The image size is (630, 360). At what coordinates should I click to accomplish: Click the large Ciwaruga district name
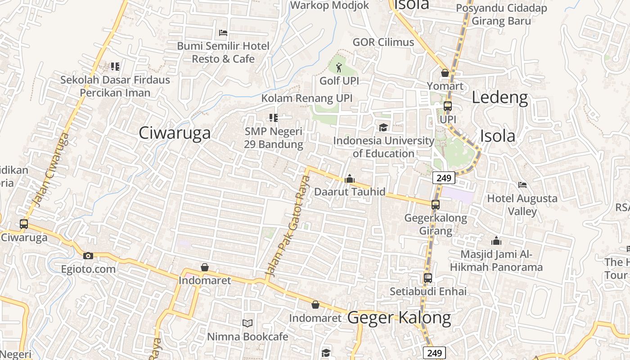coord(175,133)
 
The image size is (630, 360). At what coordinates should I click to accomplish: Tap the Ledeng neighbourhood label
coord(499,97)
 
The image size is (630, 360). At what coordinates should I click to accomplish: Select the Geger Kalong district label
coord(399,318)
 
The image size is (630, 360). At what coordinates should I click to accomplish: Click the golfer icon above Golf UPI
coord(339,68)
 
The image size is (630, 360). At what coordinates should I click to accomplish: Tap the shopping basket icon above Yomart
coord(445,73)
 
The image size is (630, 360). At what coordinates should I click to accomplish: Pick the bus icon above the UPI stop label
coord(447,106)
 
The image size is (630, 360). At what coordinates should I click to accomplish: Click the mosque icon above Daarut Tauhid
coord(350,179)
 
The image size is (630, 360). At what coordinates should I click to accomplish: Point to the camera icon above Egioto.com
coord(88,256)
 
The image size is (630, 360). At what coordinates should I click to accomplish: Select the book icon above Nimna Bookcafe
coord(247,323)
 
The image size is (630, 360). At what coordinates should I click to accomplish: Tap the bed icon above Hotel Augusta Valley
coord(522,184)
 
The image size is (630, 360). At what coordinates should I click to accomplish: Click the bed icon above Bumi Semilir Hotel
coord(223,33)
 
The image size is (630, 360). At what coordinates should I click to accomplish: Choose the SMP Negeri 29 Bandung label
coord(274,138)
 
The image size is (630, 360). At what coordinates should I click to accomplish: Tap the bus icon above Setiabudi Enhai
coord(428,278)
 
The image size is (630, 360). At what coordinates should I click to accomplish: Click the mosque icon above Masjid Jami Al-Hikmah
coord(496,241)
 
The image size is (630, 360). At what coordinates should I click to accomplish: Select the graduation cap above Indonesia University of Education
coord(383,127)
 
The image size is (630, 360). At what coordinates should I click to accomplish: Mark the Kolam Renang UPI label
coord(307,98)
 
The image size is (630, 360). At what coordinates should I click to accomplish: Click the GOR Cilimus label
coord(383,42)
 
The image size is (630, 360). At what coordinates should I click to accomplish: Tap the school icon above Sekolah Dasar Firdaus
coord(115,67)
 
